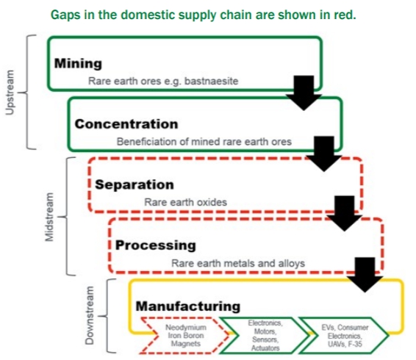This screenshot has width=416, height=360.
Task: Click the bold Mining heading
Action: pos(78,64)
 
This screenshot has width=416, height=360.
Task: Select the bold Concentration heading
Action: pos(126,124)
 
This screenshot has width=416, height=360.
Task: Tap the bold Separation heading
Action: pos(135,185)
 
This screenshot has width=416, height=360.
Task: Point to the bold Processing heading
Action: pos(156,245)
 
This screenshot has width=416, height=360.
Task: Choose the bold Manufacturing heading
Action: pos(188,306)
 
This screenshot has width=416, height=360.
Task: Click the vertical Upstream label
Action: pos(10,93)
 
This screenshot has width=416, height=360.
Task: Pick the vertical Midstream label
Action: pos(49,217)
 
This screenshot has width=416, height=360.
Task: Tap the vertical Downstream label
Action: pos(90,315)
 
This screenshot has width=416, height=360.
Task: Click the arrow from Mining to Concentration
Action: pos(304,93)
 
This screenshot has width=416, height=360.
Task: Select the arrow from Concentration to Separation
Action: pos(324,154)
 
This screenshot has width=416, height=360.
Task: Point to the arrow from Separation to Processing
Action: pos(345,213)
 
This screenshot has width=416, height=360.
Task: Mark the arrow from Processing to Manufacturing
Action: pos(365,275)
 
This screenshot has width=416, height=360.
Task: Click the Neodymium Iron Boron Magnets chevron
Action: pos(186,335)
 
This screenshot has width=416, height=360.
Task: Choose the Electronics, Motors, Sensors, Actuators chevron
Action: pos(265,335)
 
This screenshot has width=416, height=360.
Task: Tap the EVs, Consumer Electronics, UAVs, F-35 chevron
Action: pos(345,335)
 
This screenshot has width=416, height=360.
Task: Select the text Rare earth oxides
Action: pos(185,202)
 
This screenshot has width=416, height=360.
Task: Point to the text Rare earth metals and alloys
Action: pos(238,263)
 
